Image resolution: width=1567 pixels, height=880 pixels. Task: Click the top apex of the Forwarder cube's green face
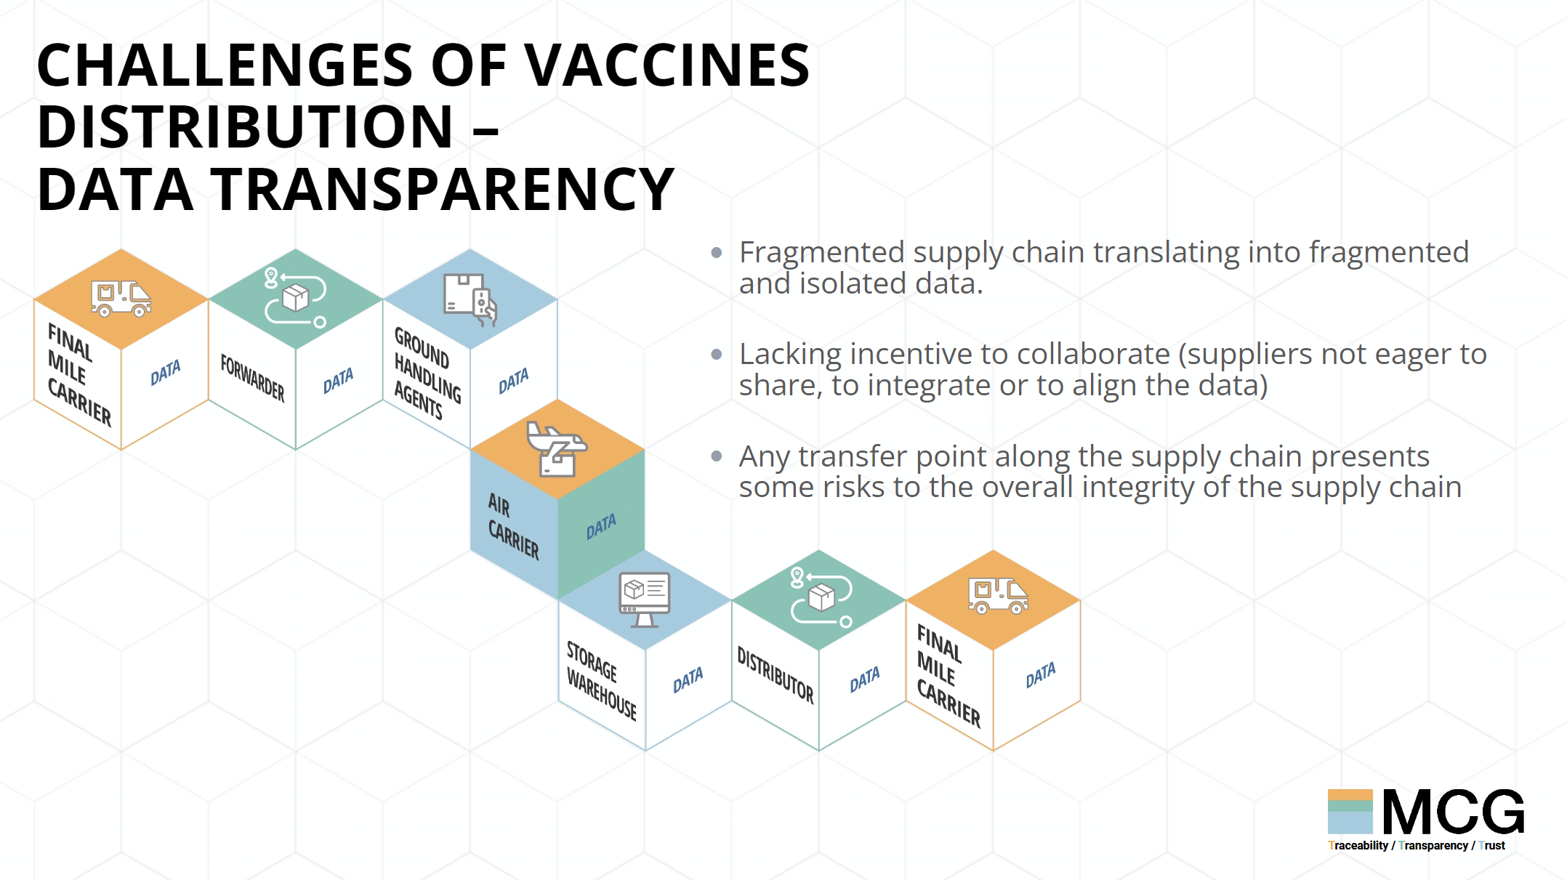click(x=296, y=249)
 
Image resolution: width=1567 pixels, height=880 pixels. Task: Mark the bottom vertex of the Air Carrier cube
click(x=557, y=600)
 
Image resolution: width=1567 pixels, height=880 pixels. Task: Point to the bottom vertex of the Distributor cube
click(x=819, y=751)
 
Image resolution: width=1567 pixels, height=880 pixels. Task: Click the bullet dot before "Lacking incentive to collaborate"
click(x=717, y=355)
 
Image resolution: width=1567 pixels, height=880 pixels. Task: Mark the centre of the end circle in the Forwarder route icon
click(x=320, y=322)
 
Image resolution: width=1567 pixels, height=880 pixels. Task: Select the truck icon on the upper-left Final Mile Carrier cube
click(x=121, y=299)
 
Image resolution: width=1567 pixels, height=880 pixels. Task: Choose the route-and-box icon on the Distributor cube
click(x=821, y=598)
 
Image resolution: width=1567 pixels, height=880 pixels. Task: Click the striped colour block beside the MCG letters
click(x=1350, y=812)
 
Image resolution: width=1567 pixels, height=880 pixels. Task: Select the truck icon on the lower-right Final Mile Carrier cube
click(x=998, y=596)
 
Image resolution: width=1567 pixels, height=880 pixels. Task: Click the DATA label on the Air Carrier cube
click(x=601, y=527)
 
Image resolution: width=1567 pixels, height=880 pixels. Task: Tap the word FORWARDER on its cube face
click(x=252, y=378)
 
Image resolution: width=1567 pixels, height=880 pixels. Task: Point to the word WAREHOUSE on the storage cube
click(x=602, y=695)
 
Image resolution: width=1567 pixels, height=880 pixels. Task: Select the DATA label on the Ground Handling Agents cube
click(x=514, y=382)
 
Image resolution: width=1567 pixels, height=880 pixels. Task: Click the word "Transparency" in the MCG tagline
click(x=1433, y=846)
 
